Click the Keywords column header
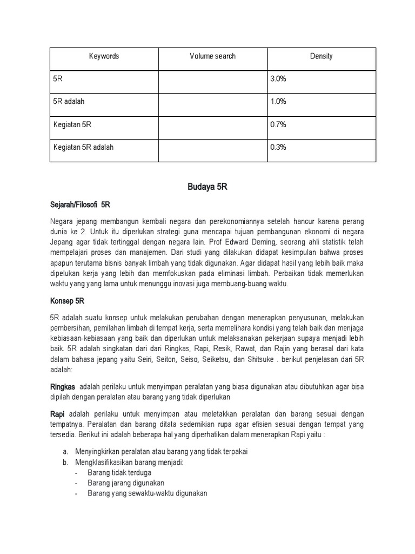pos(104,56)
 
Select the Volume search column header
pos(212,56)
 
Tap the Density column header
pos(321,56)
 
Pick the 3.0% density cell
pos(278,79)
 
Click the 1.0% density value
pos(278,102)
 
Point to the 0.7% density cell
pos(278,124)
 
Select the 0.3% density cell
pos(278,147)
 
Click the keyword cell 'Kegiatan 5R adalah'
pos(83,147)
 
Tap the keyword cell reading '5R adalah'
pos(69,102)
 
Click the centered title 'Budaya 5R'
pos(207,187)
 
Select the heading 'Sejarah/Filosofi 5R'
pos(79,205)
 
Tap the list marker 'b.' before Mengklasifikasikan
pos(65,462)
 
